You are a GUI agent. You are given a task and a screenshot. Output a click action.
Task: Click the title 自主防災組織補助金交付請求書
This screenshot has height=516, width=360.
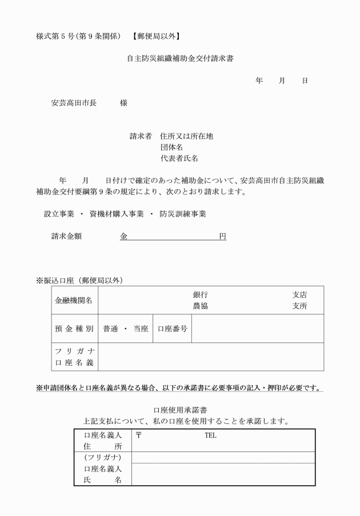click(180, 58)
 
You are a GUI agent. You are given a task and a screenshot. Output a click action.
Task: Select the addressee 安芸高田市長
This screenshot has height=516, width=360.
click(74, 103)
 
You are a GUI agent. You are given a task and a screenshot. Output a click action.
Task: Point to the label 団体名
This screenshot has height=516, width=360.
click(171, 147)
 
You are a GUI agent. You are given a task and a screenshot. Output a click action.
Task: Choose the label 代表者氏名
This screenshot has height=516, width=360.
click(179, 158)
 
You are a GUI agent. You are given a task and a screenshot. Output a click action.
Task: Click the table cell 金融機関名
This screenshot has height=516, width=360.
click(74, 301)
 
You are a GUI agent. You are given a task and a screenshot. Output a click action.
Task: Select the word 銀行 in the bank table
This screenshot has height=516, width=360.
click(200, 295)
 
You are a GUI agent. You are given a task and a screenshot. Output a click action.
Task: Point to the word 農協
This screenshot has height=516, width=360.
click(200, 306)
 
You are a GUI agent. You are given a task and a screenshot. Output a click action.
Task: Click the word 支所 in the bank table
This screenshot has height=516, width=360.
click(299, 306)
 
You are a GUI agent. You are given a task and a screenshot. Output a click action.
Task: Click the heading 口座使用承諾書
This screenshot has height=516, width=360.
click(180, 410)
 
